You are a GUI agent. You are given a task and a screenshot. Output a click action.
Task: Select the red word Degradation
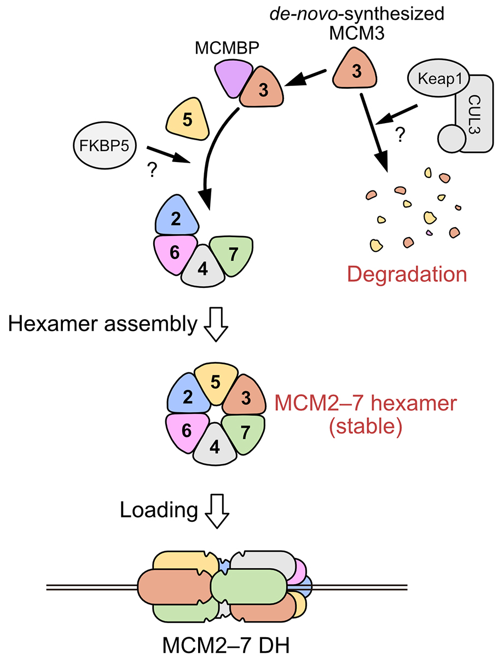[x=407, y=274]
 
